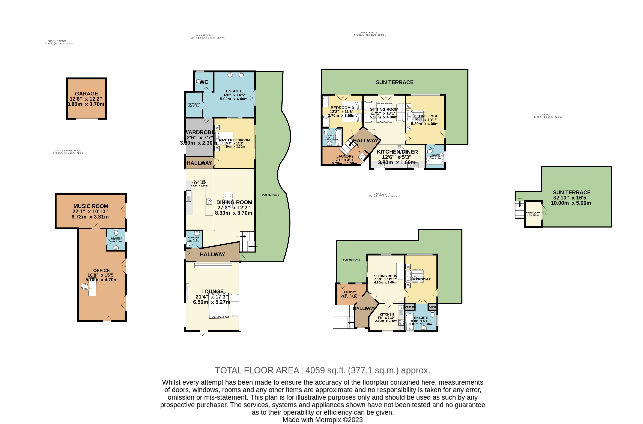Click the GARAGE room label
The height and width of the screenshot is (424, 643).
click(86, 94)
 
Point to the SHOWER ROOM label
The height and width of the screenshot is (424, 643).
click(193, 104)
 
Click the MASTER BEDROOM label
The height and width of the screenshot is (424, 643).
click(234, 140)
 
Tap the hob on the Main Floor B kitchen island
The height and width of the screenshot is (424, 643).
click(209, 201)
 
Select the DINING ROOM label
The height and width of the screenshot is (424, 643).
click(234, 202)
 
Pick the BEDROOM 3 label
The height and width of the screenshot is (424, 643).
click(342, 108)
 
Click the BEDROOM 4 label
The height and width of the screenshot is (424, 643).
click(425, 116)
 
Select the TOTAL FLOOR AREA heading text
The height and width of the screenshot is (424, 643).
click(322, 370)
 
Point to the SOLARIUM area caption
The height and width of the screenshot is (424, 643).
click(545, 115)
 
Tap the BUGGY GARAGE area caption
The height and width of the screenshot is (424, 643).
click(57, 41)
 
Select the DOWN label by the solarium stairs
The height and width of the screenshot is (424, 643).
click(520, 198)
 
